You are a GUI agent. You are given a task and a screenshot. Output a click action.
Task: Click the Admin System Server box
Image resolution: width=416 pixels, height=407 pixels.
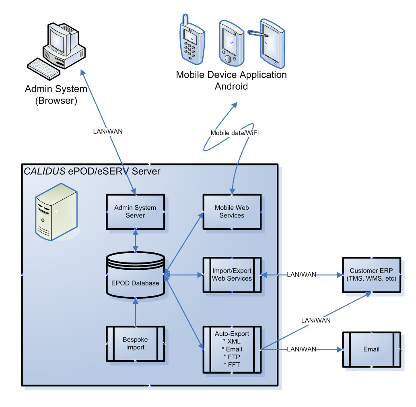pos(135,212)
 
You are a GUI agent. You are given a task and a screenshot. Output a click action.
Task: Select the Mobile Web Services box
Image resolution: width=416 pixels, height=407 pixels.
pos(232,212)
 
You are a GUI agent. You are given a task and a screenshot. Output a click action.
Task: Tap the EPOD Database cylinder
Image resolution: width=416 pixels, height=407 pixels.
pos(135,275)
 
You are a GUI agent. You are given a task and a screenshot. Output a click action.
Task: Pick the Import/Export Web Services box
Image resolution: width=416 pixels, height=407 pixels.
pos(232,275)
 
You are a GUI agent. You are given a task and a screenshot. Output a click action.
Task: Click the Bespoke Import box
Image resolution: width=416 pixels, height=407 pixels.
pos(135,344)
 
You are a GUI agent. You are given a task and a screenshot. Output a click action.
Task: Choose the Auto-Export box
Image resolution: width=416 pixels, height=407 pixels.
pos(232,349)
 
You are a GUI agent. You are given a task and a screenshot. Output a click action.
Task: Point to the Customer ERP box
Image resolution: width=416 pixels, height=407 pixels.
pos(371,275)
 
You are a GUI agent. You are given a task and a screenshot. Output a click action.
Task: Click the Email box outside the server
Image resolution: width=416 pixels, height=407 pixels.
pos(371,349)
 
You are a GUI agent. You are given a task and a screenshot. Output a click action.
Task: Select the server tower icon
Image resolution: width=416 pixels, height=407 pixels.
pos(56,212)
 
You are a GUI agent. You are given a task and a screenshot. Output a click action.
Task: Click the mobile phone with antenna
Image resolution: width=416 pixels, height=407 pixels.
pos(192,40)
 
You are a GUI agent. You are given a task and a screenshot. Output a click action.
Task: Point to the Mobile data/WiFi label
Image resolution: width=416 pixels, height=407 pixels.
pos(235,133)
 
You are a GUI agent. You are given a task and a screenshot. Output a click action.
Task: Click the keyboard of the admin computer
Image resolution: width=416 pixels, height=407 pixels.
pos(44,69)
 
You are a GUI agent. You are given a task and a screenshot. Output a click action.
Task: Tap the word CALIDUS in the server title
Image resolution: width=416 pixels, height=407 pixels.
pos(45,171)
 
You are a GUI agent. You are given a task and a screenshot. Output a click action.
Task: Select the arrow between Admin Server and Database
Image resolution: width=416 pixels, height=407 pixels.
pos(135,240)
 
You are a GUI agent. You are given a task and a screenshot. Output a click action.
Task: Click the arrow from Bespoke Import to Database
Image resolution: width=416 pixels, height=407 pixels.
pos(135,312)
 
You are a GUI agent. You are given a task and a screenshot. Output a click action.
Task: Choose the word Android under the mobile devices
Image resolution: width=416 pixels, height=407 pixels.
pos(231,86)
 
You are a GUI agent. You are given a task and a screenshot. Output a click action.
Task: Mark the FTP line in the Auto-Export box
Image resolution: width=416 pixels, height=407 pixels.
pos(232,357)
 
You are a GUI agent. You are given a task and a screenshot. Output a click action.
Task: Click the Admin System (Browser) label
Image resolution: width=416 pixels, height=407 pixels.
pos(56,95)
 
